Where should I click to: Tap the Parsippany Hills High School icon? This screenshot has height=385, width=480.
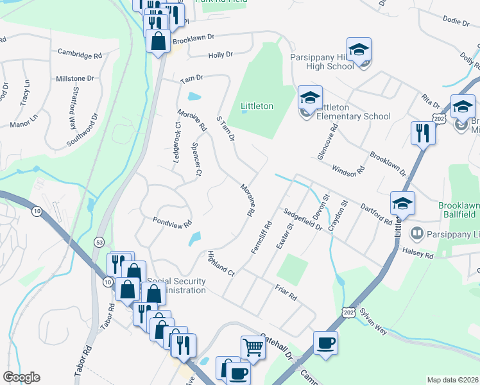pos(359,51)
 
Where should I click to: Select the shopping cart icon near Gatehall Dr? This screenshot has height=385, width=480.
pos(253,348)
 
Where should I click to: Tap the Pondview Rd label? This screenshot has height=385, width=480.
pos(172,223)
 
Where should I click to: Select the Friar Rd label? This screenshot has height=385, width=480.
pos(286,293)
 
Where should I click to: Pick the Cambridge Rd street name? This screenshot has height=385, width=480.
pos(80,55)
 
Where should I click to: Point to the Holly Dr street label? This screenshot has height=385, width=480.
pos(220,55)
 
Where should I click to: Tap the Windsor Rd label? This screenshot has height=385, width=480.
pos(348,170)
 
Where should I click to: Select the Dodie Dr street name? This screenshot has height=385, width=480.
pos(456,21)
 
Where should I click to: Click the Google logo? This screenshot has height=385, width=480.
pos(22,377)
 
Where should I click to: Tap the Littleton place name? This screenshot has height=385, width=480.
pos(257,106)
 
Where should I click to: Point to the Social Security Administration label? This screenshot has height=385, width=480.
pos(176,286)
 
